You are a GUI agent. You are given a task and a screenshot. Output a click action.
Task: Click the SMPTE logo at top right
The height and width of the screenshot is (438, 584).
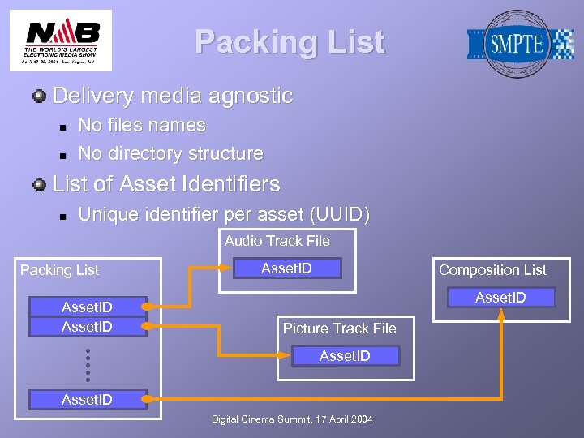click(x=519, y=43)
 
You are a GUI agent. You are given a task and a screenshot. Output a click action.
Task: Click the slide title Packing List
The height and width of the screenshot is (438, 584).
click(x=290, y=42)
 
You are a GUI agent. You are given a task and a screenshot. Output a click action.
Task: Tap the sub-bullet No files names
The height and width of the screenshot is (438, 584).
click(x=141, y=126)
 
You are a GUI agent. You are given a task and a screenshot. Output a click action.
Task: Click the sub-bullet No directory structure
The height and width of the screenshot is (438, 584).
click(x=170, y=153)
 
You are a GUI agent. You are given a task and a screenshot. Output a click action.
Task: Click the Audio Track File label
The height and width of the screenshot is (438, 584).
click(x=277, y=240)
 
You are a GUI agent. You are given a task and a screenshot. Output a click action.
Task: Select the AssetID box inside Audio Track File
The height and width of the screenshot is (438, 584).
click(x=286, y=268)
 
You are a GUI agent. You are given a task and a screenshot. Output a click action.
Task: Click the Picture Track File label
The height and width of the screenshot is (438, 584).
click(x=339, y=328)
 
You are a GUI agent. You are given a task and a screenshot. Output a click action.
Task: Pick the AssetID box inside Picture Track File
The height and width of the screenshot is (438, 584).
click(x=345, y=355)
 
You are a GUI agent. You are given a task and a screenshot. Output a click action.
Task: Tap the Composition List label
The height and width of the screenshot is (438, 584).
click(x=492, y=270)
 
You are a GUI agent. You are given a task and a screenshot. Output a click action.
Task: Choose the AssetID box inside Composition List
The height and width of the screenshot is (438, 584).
click(x=500, y=298)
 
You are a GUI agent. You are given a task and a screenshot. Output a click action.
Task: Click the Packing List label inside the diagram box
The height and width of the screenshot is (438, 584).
click(x=59, y=270)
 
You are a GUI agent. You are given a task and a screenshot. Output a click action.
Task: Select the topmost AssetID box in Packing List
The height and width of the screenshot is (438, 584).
click(x=88, y=307)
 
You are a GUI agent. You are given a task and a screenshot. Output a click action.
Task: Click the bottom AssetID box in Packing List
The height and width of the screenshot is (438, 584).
click(x=88, y=399)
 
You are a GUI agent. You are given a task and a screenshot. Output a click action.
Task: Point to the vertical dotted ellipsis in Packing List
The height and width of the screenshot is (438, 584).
click(x=87, y=365)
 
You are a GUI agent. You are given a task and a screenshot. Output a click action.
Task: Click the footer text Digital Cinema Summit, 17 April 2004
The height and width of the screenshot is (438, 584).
click(x=292, y=419)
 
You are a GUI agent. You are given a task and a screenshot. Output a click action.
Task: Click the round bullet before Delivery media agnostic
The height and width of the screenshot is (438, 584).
click(x=39, y=97)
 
